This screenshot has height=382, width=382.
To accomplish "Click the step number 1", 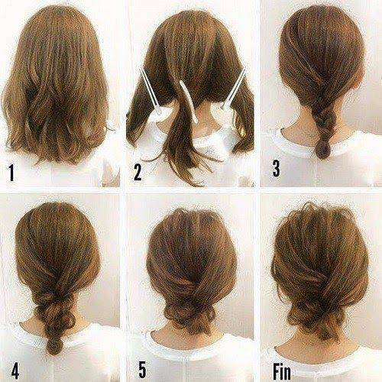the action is pos(11,173).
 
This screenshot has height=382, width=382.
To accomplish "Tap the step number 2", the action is pos(138,172).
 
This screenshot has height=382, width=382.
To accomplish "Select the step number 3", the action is pos(276,168).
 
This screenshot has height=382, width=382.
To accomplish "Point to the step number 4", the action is pos(15,370).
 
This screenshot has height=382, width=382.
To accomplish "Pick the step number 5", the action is pos(142,370).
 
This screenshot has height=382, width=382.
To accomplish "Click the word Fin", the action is pos(282,372).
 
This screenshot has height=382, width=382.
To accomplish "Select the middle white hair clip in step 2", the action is pos(189,102).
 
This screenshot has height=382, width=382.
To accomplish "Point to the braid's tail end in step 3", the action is pos(322,151).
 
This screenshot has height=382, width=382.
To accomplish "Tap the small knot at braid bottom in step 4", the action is pos(53,345).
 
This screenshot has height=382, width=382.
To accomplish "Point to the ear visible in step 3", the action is pos(360,76).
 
